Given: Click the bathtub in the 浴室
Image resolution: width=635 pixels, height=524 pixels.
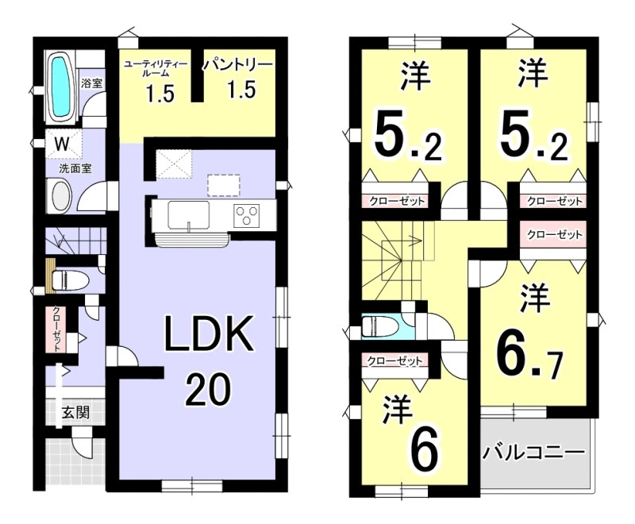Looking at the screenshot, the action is tap(62, 87).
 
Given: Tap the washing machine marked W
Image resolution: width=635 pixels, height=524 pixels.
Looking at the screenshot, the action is tap(63, 144).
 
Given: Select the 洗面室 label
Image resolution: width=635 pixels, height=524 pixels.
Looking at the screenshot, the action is tap(75, 168).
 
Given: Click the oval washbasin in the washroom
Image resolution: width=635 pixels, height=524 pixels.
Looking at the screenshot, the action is tap(61, 196).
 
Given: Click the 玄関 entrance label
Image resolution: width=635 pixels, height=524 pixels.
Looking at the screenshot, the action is tap(75, 413).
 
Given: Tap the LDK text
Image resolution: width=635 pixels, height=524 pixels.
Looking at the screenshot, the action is tap(208, 333).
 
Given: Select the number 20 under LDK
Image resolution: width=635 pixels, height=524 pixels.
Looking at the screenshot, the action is tap(208, 389).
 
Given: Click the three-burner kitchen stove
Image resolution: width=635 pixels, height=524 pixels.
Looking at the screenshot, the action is tap(247, 214).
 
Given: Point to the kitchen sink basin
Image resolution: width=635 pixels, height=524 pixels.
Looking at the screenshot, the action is tap(189, 214).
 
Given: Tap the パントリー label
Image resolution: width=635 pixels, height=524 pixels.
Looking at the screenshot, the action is tap(237, 64).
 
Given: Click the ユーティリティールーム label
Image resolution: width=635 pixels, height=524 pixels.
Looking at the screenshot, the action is tap(155, 68).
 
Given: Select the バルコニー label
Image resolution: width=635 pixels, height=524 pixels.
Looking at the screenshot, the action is tap(533, 453).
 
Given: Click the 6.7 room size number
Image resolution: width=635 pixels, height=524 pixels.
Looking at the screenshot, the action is tap(530, 361).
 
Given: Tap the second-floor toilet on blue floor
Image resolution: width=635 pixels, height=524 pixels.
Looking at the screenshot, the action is tap(381, 326).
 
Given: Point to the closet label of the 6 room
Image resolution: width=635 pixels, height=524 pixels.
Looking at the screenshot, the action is tap(394, 360).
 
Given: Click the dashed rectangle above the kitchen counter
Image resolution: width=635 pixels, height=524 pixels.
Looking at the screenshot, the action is tap(224, 185).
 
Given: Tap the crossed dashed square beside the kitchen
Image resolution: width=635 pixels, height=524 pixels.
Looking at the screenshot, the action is tap(174, 164).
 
